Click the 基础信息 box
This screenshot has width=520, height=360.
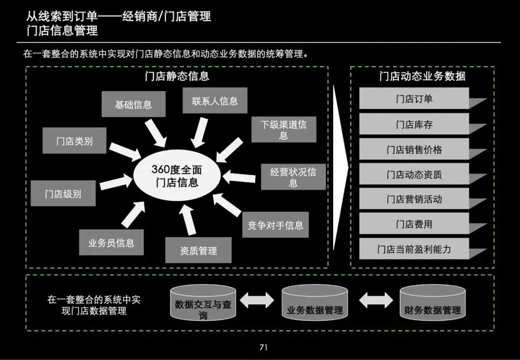click(133, 104)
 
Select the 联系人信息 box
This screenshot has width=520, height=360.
click(215, 101)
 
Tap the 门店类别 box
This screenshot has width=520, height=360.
click(74, 141)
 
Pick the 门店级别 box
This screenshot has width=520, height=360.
click(63, 193)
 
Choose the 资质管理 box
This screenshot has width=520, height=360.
click(198, 250)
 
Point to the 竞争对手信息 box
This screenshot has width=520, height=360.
click(275, 225)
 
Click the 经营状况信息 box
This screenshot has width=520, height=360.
click(293, 177)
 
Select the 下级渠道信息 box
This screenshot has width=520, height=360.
click(284, 129)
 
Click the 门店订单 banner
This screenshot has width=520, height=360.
click(414, 99)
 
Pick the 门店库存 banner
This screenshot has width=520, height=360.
click(414, 125)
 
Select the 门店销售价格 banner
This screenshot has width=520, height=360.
click(414, 150)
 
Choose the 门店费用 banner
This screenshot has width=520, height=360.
click(414, 224)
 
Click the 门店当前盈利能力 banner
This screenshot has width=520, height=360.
click(414, 249)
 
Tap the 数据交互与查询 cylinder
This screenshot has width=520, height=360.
click(203, 304)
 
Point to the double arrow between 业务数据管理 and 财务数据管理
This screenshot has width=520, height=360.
click(376, 300)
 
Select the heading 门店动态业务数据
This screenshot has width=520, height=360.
click(422, 76)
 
